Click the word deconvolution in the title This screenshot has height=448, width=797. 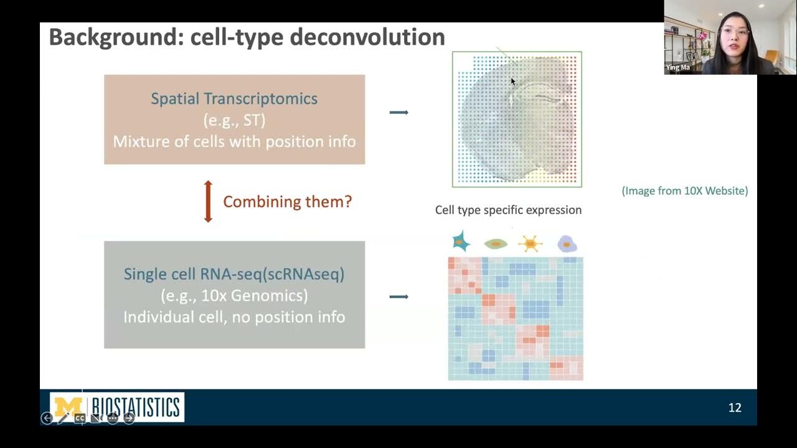[367, 37]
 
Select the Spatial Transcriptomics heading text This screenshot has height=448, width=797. [234, 98]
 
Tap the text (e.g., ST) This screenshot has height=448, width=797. [234, 120]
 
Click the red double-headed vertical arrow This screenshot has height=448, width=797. [208, 202]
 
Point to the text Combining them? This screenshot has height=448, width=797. [287, 202]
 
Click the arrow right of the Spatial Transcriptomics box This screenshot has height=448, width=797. [398, 113]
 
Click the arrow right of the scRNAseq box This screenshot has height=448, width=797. [398, 297]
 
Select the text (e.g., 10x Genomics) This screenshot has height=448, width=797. [234, 296]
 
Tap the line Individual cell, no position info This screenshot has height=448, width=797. [234, 317]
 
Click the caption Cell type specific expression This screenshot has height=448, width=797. [508, 210]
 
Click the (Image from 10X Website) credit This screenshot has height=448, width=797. [685, 191]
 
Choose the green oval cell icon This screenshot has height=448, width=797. [496, 244]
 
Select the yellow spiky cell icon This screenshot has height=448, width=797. [530, 243]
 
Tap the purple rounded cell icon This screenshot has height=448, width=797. [566, 243]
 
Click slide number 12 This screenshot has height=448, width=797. [735, 408]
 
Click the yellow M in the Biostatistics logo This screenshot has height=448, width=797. [68, 407]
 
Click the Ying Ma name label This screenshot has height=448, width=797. [678, 67]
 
